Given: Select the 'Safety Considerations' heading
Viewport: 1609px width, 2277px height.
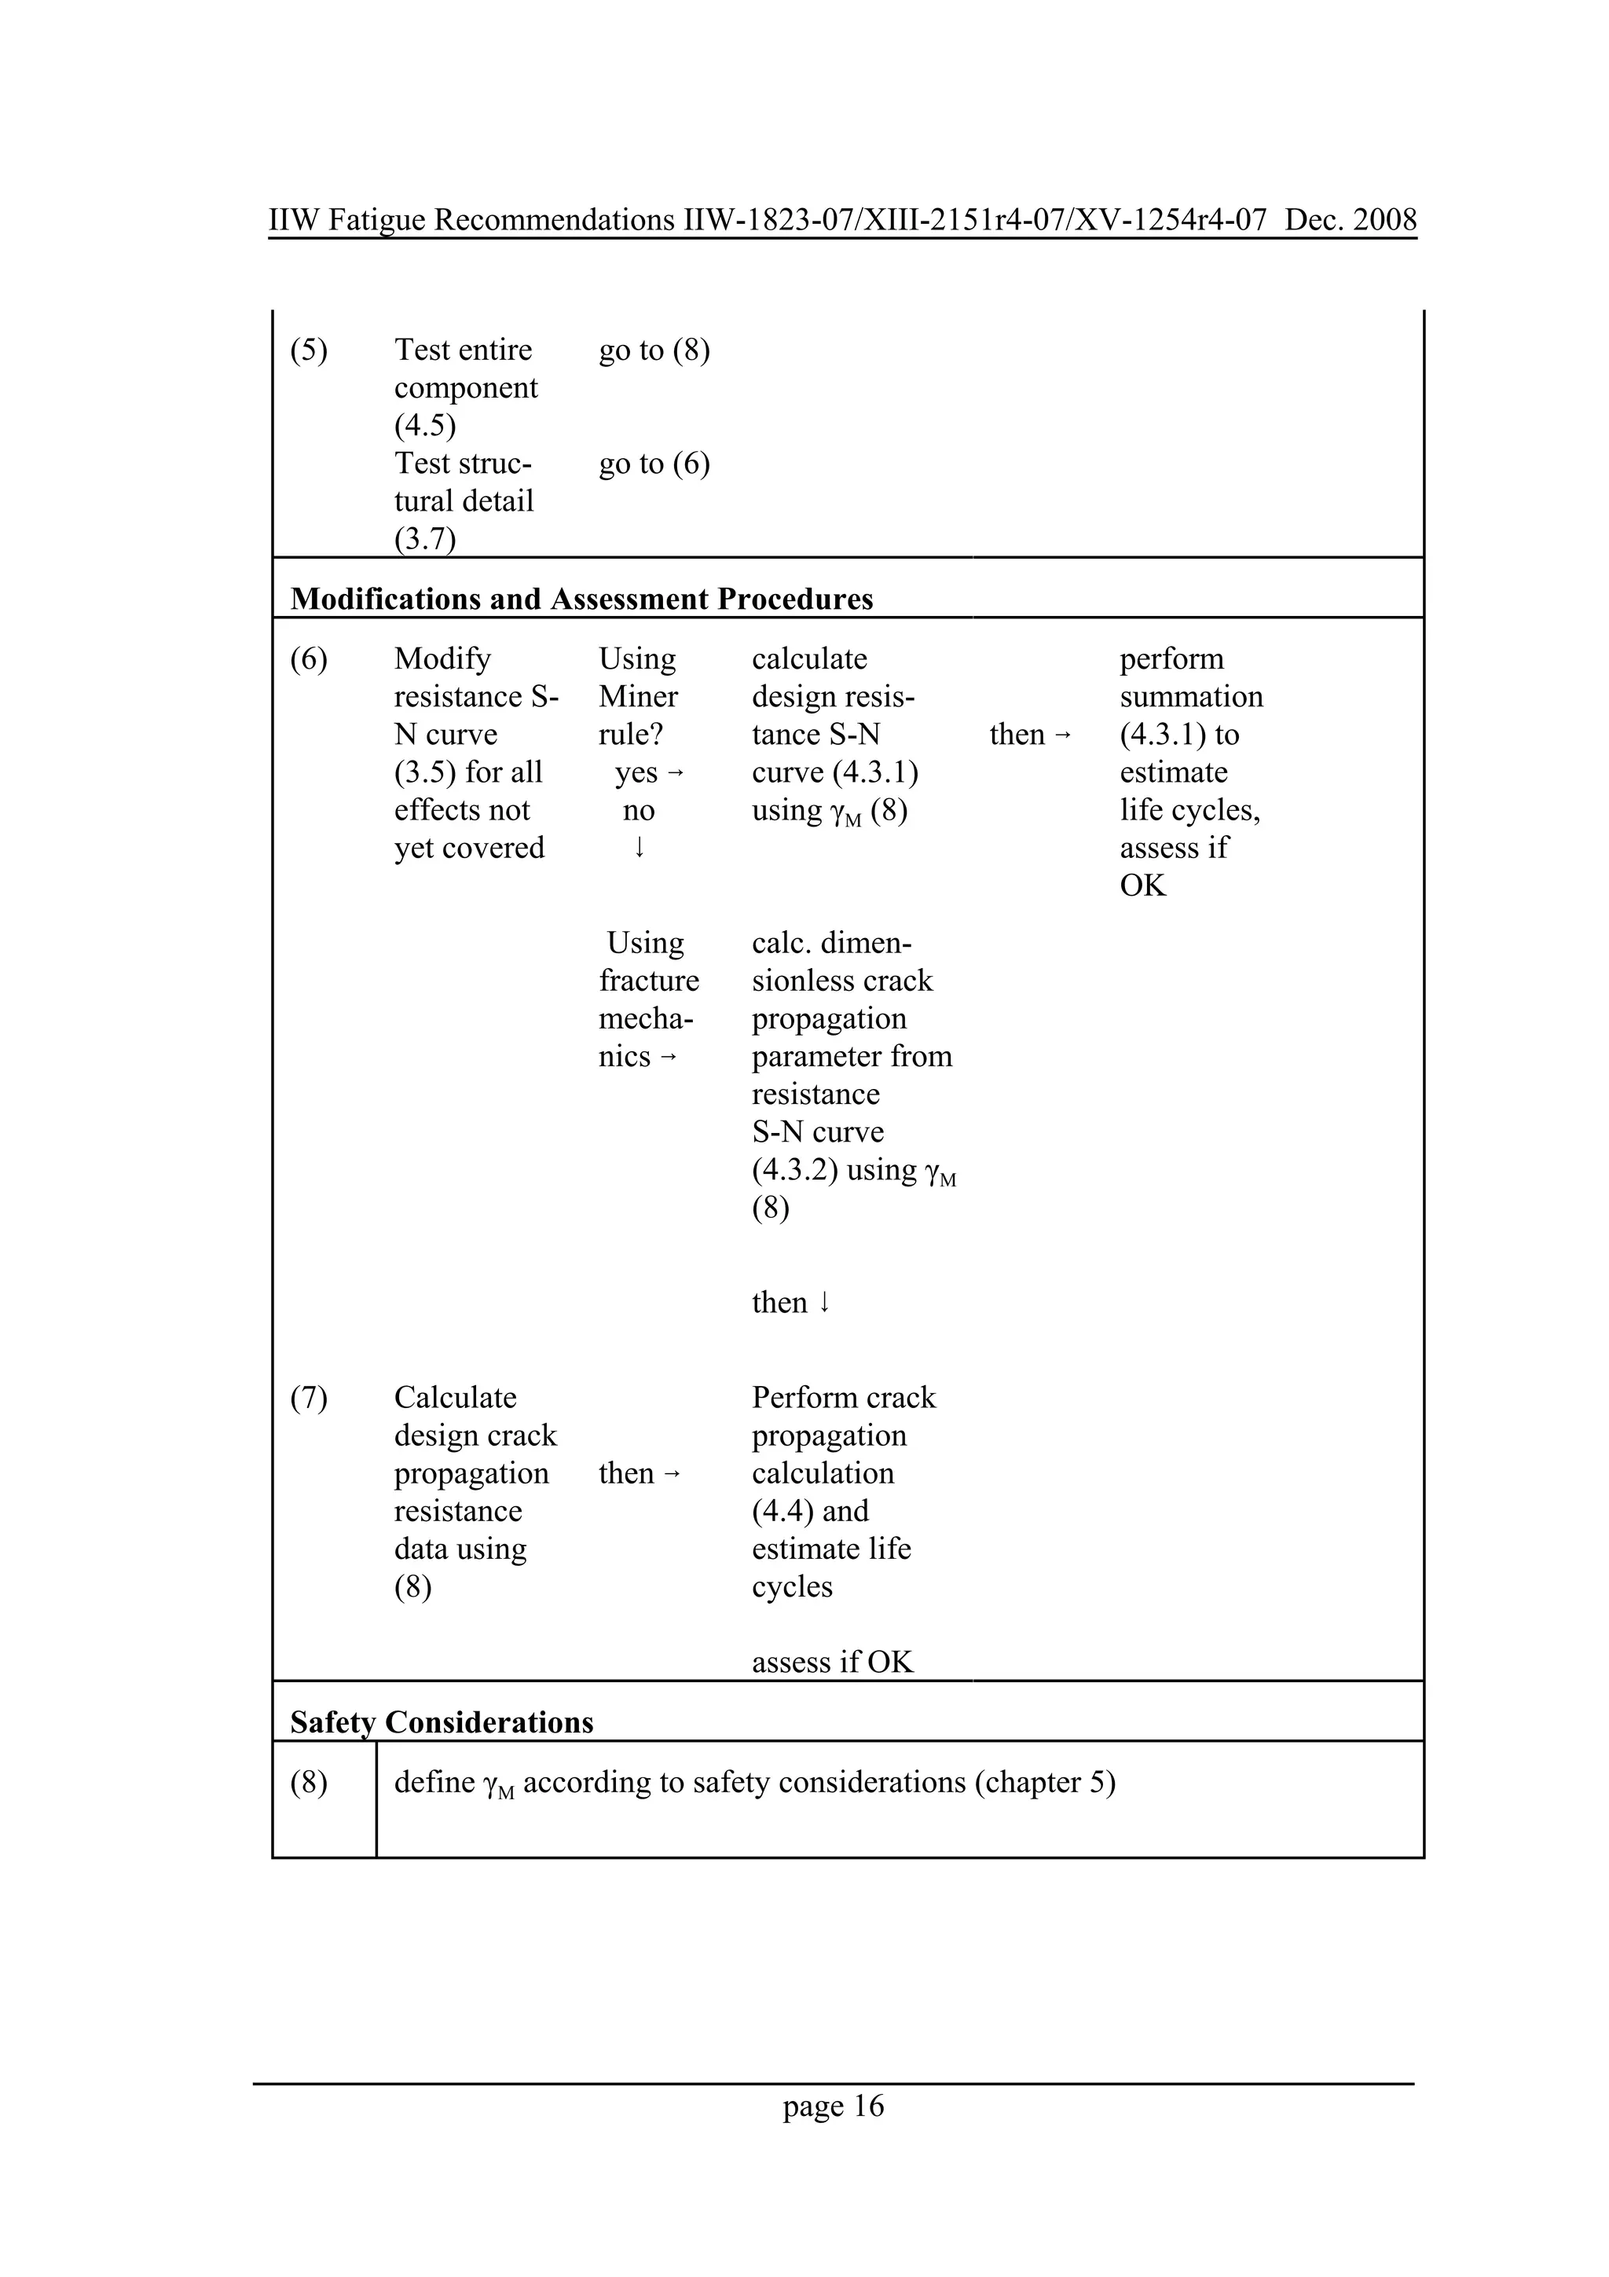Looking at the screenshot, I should (x=442, y=1722).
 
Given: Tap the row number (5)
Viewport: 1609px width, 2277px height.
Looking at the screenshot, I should (x=308, y=350).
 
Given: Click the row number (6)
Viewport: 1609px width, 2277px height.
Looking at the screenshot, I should (x=308, y=659).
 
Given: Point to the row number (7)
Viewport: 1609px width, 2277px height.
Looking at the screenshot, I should (x=308, y=1399).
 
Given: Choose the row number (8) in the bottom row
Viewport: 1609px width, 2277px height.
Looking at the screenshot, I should (x=308, y=1783).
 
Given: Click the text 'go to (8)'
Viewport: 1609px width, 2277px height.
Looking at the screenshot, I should (x=654, y=350).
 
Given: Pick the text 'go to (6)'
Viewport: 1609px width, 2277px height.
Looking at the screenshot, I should (x=654, y=464).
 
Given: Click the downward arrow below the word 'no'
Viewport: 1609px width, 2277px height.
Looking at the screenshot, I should (x=640, y=847).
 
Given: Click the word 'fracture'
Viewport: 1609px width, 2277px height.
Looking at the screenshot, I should (x=648, y=981).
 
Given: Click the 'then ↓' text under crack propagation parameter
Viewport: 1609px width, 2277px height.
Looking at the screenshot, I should (x=790, y=1302).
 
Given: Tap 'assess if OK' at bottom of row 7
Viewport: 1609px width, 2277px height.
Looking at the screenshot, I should (x=832, y=1662).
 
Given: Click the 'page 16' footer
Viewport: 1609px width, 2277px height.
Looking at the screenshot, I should (x=833, y=2106).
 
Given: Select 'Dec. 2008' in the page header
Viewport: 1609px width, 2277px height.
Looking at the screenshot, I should (x=1351, y=219).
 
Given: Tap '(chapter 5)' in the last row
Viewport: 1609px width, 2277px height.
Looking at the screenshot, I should (x=1045, y=1783).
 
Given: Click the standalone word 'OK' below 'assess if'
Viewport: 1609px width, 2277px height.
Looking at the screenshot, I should (x=1142, y=885).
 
